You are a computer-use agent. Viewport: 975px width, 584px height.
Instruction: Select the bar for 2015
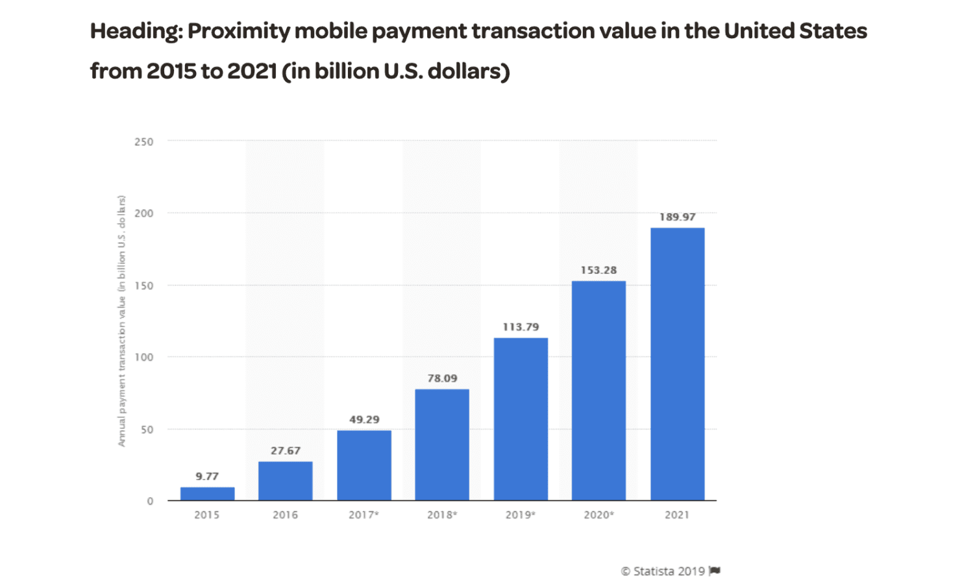(207, 494)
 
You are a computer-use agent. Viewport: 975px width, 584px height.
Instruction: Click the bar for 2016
(286, 481)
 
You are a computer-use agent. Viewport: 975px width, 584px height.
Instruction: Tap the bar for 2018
(442, 444)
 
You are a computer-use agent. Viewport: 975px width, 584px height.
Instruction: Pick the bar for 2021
(677, 364)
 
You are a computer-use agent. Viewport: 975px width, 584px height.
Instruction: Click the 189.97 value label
(677, 217)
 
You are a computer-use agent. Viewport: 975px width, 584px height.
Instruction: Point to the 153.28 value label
(599, 270)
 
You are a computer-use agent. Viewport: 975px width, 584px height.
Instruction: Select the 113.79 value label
(521, 327)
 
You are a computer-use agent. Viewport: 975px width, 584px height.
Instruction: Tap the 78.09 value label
(442, 378)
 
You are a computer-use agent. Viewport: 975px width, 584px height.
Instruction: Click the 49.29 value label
(364, 420)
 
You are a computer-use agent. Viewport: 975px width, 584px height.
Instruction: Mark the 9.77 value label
(207, 476)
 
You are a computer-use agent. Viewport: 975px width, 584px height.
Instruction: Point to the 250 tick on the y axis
(144, 141)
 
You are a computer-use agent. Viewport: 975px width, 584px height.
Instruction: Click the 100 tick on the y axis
(144, 357)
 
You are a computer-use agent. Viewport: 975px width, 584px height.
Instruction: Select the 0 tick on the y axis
(150, 501)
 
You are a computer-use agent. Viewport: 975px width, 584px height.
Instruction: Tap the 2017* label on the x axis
(364, 515)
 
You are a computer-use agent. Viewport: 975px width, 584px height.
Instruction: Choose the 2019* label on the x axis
(521, 515)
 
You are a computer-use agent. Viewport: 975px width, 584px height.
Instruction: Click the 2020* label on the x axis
(599, 515)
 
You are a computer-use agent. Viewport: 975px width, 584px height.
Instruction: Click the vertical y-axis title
(121, 321)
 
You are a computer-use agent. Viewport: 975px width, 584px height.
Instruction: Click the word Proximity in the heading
(238, 31)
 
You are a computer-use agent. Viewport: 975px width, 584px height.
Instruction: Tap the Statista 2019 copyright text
(663, 571)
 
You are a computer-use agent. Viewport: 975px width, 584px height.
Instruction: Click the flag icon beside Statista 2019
(715, 571)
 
